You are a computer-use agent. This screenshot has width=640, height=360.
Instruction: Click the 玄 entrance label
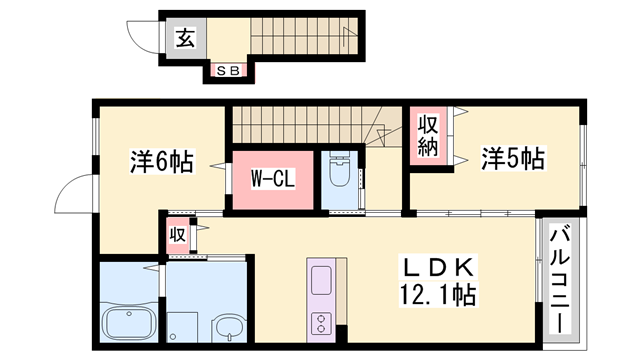tap(186, 40)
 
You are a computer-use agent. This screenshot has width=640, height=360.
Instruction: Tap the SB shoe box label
tap(227, 70)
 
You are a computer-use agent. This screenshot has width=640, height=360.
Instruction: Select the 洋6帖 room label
tap(162, 160)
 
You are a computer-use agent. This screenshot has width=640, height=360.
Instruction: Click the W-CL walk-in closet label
tap(271, 180)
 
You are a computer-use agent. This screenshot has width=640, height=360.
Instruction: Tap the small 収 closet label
tap(176, 236)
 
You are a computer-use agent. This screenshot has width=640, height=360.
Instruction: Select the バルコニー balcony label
tap(559, 283)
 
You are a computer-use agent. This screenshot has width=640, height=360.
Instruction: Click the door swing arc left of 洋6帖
tap(76, 195)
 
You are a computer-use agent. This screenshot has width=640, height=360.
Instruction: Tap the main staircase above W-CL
tap(300, 124)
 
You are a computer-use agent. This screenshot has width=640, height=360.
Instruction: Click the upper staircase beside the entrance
tap(300, 40)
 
